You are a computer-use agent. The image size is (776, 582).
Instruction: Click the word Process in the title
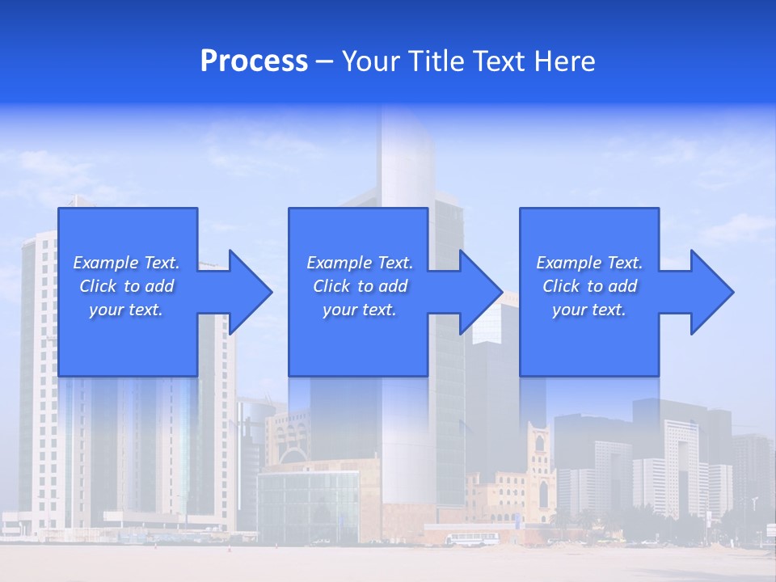pos(254,61)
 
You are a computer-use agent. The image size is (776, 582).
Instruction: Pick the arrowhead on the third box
pos(723,292)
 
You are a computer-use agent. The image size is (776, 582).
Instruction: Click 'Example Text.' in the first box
pos(126,263)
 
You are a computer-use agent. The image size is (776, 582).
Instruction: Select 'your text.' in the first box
pos(126,310)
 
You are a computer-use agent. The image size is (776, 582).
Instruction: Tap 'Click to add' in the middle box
pos(360,286)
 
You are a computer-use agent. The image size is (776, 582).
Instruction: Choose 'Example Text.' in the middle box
pos(360,263)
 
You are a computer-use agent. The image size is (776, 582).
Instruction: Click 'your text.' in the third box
pos(589,310)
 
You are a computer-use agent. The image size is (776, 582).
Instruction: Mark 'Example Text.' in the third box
pos(589,263)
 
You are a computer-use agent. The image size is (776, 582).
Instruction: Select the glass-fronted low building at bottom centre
pos(307,505)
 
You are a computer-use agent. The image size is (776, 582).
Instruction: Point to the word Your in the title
pos(371,61)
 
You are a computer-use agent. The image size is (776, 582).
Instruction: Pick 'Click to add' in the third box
pos(589,286)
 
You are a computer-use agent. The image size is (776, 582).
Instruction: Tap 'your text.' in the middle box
pos(360,310)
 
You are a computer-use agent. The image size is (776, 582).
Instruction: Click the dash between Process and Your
pos(325,61)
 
